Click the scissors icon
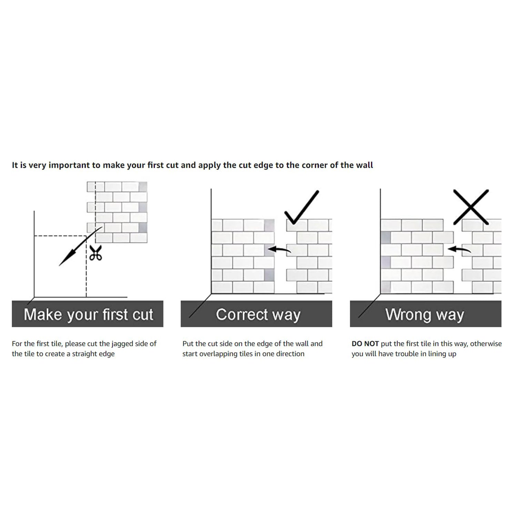[95, 253]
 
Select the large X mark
[471, 207]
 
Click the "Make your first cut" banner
[88, 314]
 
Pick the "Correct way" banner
[256, 314]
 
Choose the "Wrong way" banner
[426, 314]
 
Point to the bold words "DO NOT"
[365, 344]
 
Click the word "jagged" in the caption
[123, 344]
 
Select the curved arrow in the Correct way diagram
[279, 249]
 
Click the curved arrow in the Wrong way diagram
[459, 249]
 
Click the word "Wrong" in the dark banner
[408, 314]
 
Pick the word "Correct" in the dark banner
[242, 314]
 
